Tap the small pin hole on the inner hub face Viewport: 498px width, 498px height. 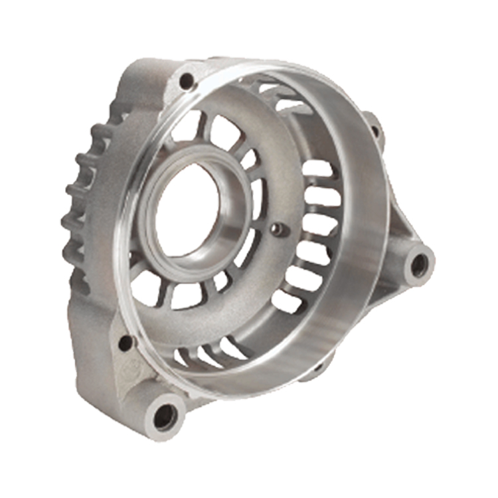278,229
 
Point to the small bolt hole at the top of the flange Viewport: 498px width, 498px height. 187,82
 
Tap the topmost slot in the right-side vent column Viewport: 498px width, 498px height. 317,169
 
